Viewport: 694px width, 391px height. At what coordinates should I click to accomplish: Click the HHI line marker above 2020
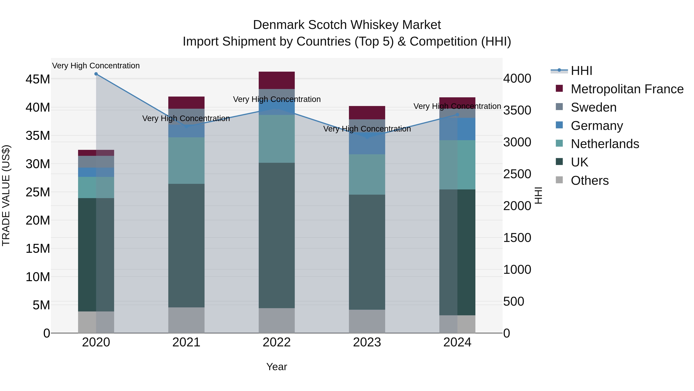coord(96,74)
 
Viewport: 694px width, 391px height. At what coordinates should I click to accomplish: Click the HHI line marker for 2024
coord(457,115)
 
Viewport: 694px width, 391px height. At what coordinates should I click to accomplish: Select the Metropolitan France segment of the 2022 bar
coord(277,80)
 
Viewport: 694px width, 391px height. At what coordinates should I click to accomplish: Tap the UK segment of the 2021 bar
coord(186,246)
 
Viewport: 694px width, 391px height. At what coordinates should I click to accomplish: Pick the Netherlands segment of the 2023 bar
coord(367,174)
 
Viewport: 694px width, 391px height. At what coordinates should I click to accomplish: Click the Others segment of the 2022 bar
coord(277,320)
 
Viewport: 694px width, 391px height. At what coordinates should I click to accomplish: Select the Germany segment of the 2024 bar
coord(457,129)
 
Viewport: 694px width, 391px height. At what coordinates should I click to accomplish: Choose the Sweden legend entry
coord(594,107)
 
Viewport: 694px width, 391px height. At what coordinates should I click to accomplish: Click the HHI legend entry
coord(581,71)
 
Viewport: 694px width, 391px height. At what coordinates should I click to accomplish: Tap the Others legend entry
coord(590,181)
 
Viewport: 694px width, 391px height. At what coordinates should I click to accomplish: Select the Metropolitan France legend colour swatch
coord(559,88)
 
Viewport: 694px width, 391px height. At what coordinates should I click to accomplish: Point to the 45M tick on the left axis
coord(38,79)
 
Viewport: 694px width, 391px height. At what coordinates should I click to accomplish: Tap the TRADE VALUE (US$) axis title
coord(6,195)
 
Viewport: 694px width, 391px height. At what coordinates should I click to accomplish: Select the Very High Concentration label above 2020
coord(96,66)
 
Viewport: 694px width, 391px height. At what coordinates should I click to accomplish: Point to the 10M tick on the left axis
coord(38,277)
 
